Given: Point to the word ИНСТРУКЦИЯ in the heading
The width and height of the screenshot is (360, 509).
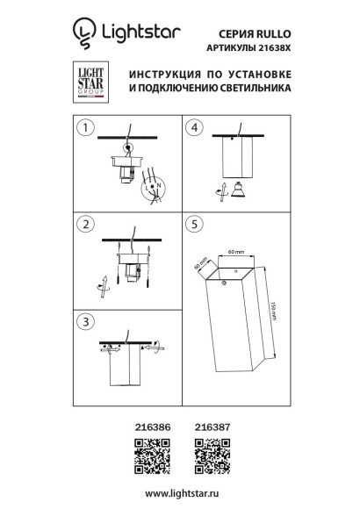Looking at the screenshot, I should pos(164,75).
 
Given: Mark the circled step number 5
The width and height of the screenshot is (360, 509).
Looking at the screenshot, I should pos(196,226).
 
